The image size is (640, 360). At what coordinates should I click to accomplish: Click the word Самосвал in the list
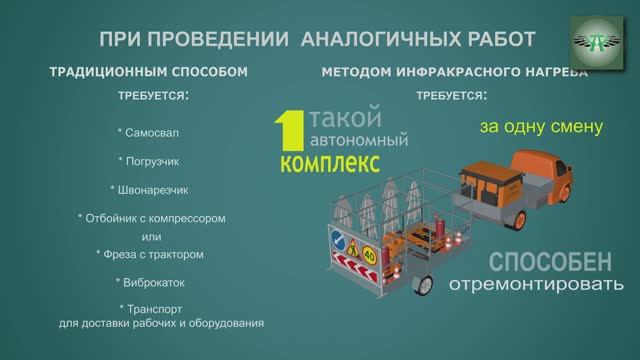[151, 133]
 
